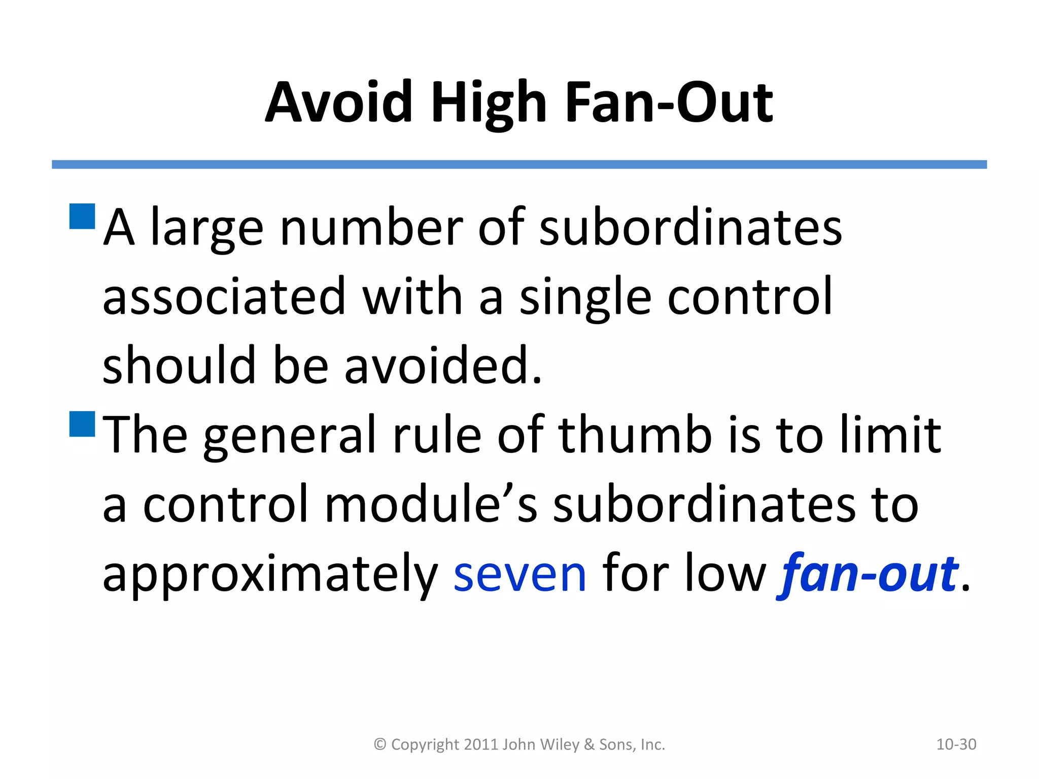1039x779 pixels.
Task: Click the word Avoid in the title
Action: coord(338,102)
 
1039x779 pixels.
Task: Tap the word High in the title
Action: coord(489,102)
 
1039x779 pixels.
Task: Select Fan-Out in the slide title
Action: coord(669,102)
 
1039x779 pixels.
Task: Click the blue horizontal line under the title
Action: coord(519,164)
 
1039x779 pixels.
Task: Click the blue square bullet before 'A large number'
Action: coord(82,217)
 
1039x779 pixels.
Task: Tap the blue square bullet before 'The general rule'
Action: coord(82,424)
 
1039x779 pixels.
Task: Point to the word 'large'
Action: coord(207,228)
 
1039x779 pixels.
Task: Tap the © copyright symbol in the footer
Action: coord(380,745)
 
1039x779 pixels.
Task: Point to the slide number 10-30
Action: coord(956,745)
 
